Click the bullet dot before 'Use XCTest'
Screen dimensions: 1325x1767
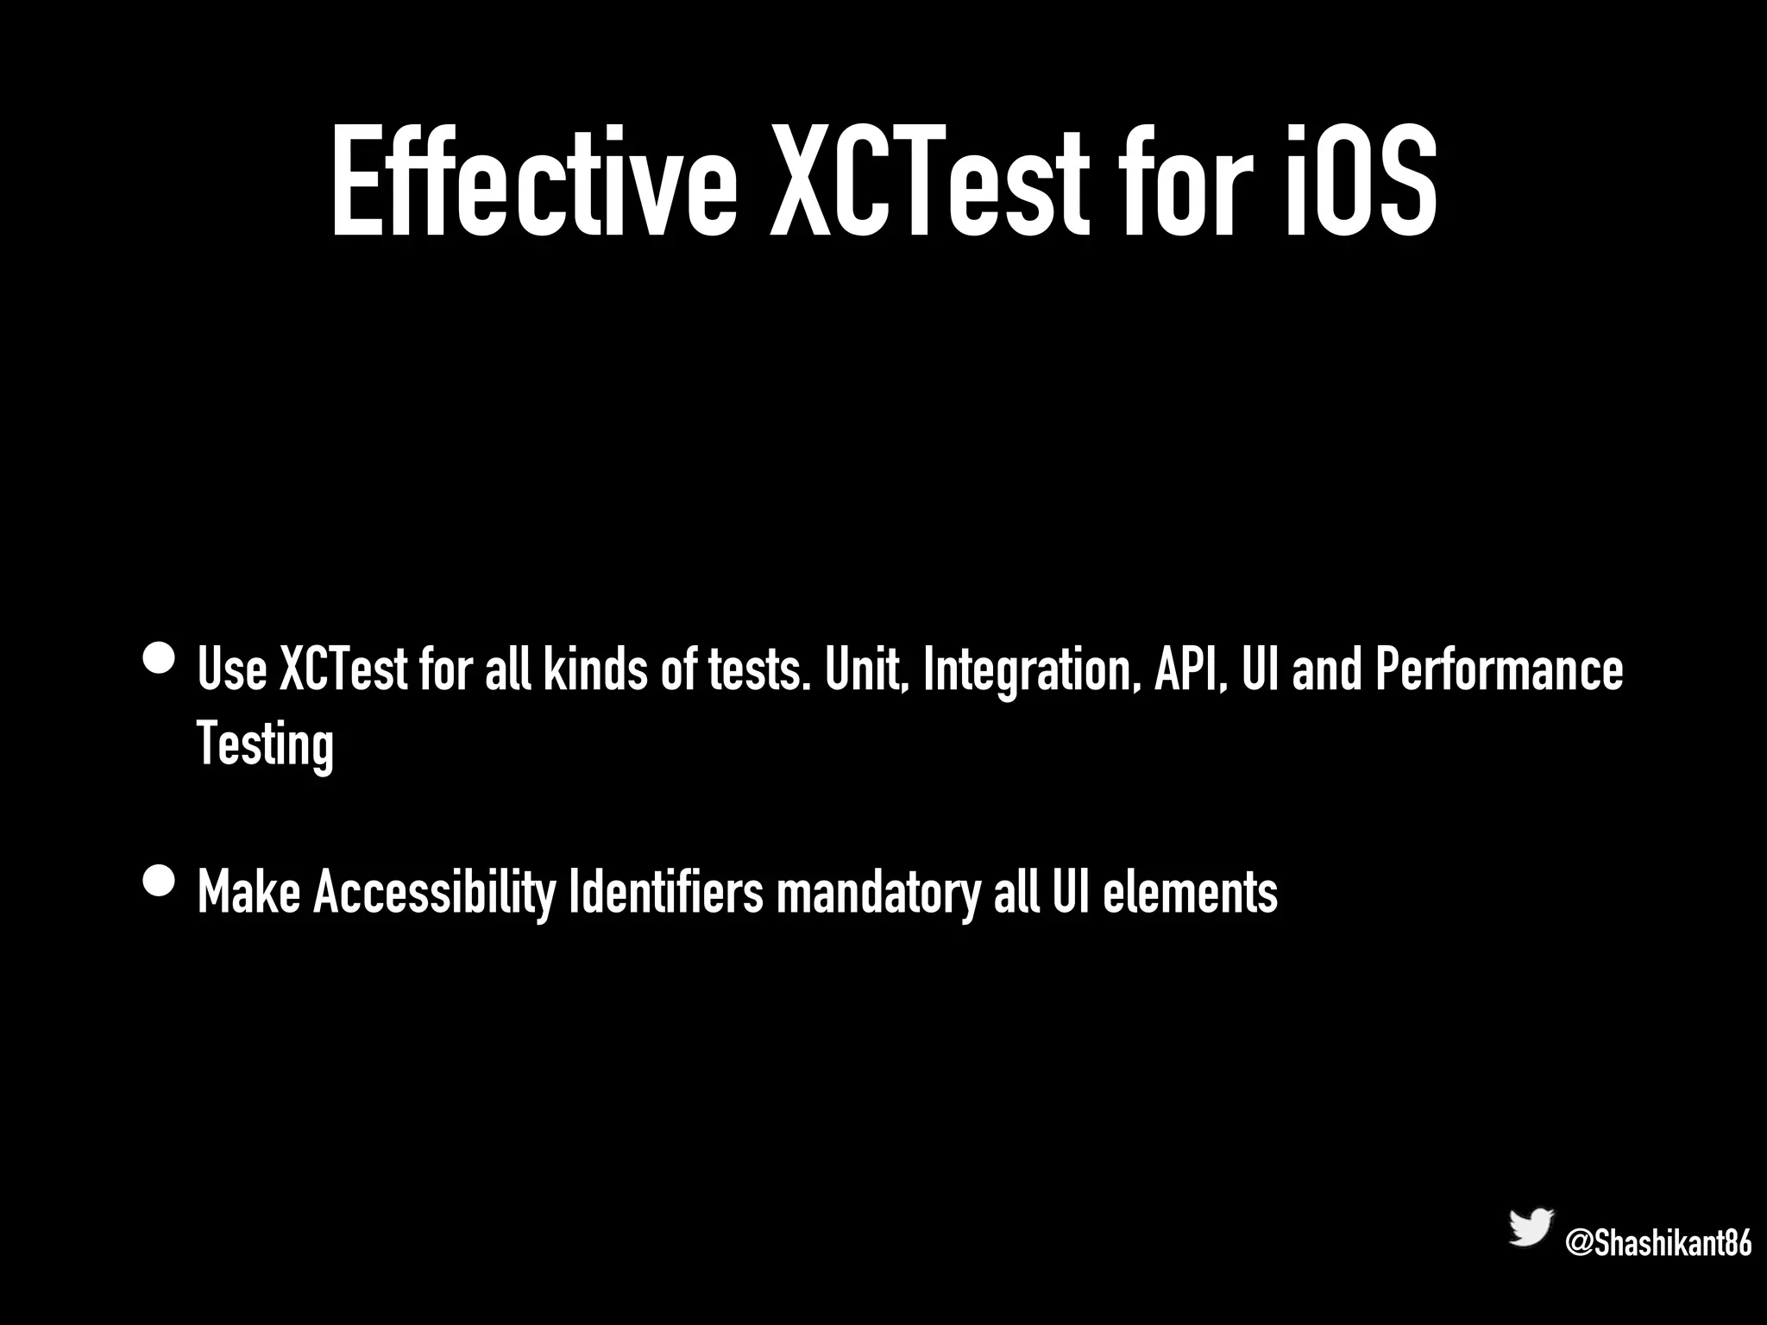coord(160,660)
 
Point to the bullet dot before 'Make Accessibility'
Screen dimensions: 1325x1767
coord(160,882)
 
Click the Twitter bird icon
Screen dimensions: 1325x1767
coord(1531,1227)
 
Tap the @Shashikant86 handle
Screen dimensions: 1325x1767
coord(1657,1243)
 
